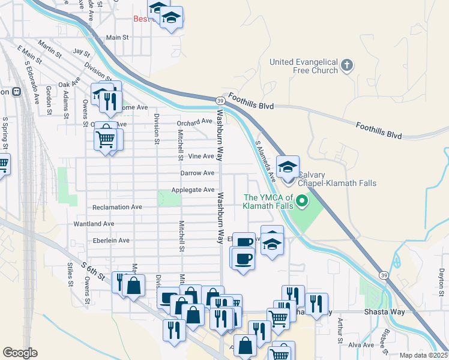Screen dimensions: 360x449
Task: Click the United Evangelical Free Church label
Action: point(304,66)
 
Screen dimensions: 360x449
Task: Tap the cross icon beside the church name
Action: point(346,65)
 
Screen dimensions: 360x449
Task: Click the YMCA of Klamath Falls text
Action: point(268,202)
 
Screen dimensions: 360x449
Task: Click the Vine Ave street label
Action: point(201,156)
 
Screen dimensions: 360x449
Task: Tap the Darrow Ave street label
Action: point(197,173)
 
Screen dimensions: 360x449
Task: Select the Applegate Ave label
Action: point(193,190)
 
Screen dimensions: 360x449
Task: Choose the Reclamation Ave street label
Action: point(117,207)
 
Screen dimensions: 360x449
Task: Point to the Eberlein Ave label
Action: point(108,241)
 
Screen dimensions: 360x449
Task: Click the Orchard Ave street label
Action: point(195,122)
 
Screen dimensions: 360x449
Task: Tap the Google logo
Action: point(20,353)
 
